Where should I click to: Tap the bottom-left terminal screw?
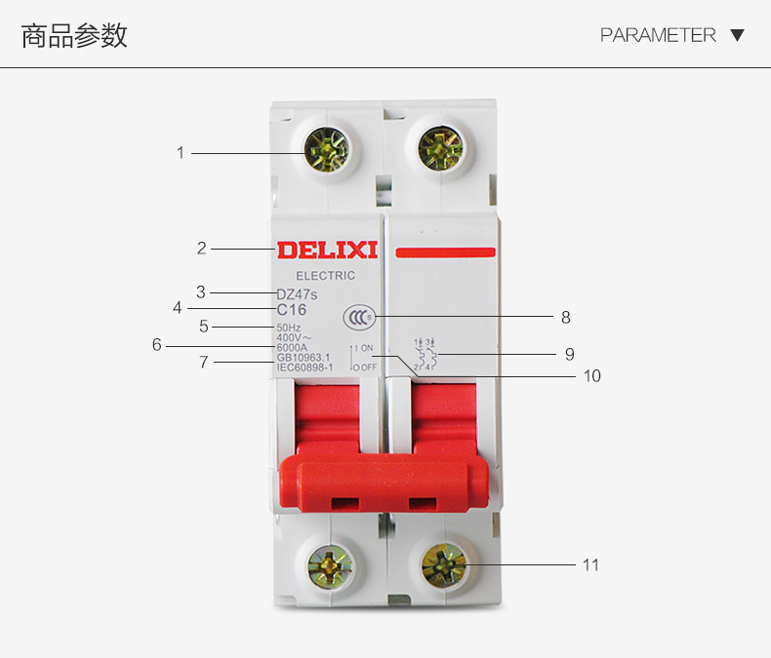[330, 564]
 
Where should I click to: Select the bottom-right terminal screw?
[445, 564]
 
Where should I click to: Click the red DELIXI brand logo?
[327, 251]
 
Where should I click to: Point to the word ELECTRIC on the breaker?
[326, 276]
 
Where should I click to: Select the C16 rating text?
[292, 310]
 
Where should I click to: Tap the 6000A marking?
[292, 347]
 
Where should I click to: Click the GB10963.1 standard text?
[304, 357]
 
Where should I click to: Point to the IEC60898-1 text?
[305, 367]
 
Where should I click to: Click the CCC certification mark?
[358, 317]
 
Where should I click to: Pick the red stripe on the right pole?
[445, 252]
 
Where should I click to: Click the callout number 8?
[565, 318]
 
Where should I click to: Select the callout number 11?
[590, 565]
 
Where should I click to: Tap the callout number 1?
[181, 153]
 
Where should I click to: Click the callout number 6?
[156, 344]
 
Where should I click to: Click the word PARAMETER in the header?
[658, 35]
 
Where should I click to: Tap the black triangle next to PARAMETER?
[738, 35]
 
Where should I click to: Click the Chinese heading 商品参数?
[74, 36]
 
